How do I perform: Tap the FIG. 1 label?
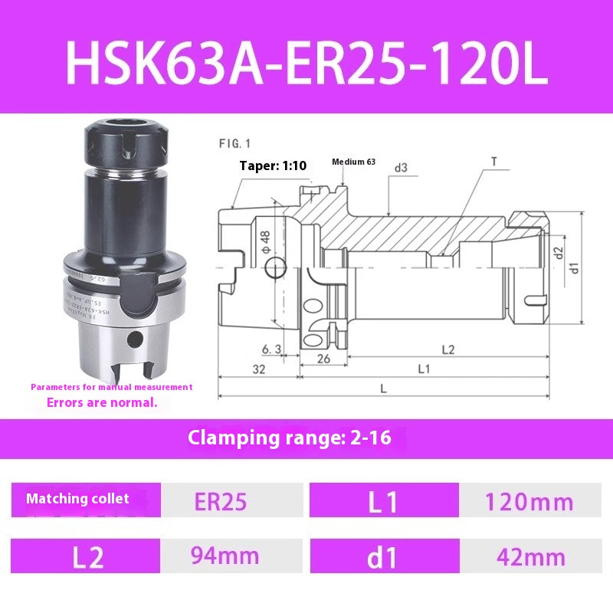(235, 143)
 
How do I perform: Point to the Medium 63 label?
(353, 162)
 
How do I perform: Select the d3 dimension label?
(401, 167)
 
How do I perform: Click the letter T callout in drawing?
(493, 161)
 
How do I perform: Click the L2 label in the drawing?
(449, 349)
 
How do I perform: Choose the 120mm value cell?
(529, 502)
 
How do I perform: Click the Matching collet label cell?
(78, 499)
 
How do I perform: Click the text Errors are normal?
(102, 402)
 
